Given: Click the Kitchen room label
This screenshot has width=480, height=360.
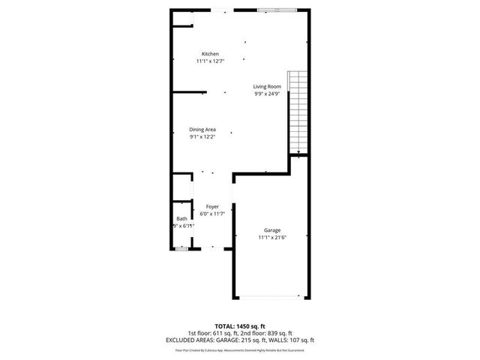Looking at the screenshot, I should click(209, 54).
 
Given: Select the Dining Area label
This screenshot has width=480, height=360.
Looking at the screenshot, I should click(202, 130).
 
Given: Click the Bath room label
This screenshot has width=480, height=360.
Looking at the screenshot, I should click(181, 219).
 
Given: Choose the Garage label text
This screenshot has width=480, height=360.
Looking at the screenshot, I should click(271, 230).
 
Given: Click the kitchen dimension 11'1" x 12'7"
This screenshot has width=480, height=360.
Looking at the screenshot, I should click(209, 61).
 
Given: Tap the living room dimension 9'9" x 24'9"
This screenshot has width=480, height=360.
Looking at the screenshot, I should click(266, 94).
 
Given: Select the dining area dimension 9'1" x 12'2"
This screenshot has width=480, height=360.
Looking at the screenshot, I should click(202, 136).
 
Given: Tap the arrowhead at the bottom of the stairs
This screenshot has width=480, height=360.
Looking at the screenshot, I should click(298, 153).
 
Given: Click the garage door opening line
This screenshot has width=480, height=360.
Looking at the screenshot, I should click(271, 296).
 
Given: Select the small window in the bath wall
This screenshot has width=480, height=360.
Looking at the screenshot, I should click(181, 247).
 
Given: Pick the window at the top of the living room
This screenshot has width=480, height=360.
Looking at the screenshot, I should click(277, 10).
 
